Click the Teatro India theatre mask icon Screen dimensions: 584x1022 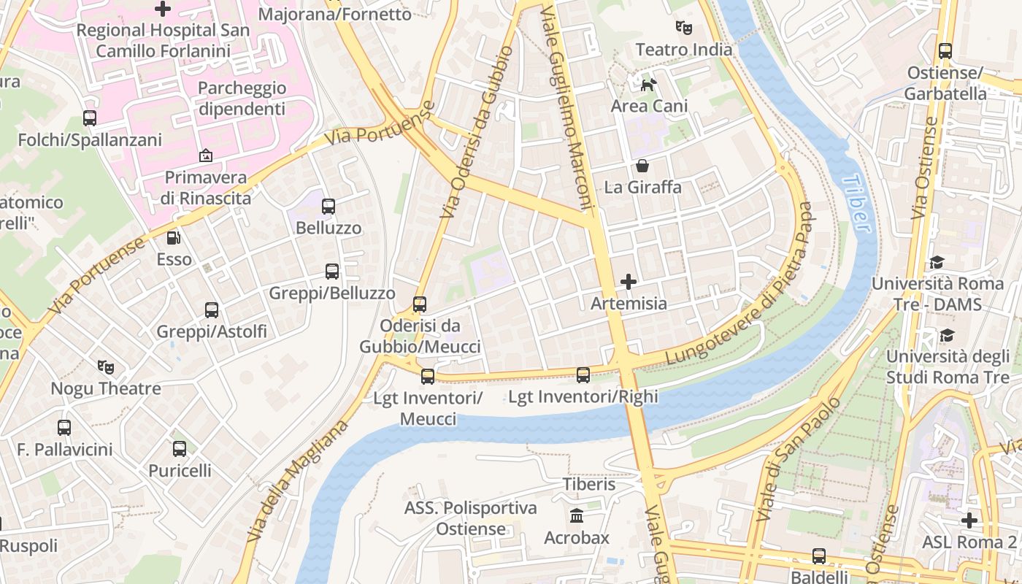click(x=683, y=28)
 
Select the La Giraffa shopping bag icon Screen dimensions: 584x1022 click(x=642, y=166)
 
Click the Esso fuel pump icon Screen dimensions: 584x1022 click(x=174, y=238)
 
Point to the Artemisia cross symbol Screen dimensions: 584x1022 click(x=629, y=281)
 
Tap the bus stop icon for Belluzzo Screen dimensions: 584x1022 click(x=328, y=207)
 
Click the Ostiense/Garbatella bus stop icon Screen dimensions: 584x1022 click(x=945, y=51)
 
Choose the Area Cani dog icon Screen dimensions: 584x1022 click(x=648, y=85)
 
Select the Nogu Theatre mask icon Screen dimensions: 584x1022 click(x=106, y=366)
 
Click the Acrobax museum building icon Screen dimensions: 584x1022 click(x=577, y=516)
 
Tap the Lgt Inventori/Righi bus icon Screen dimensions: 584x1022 click(x=583, y=375)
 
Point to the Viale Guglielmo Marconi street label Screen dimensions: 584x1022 click(x=568, y=109)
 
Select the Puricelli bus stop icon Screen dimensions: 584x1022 click(x=180, y=449)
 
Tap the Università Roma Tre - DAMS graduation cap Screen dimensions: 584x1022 click(x=937, y=262)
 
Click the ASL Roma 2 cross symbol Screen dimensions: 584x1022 click(x=969, y=520)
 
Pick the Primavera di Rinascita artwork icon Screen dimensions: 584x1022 click(x=206, y=155)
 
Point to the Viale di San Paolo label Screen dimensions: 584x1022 click(x=799, y=460)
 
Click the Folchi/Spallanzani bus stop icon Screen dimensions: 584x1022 click(x=90, y=118)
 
